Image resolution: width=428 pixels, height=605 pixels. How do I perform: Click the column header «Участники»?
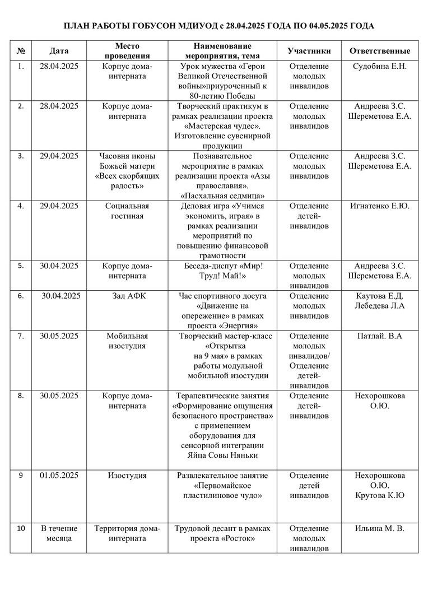point(309,51)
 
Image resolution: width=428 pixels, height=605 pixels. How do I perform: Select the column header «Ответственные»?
point(379,51)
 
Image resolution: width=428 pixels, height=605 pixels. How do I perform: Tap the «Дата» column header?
point(59,51)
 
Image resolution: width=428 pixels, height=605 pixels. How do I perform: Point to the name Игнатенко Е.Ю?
point(380,206)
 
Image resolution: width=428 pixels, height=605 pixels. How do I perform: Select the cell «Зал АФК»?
point(127,296)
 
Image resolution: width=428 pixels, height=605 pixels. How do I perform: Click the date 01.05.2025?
point(59,476)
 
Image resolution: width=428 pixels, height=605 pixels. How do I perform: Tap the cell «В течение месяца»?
point(59,533)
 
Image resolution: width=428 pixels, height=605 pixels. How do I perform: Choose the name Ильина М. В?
point(380,528)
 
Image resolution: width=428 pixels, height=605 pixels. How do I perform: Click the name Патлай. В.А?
point(380,336)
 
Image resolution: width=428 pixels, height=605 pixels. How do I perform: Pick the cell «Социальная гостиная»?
point(127,211)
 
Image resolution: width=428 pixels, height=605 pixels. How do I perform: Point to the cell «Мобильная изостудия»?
point(127,341)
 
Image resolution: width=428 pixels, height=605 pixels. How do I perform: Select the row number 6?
point(21,296)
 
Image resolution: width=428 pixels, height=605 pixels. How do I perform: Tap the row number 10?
point(21,528)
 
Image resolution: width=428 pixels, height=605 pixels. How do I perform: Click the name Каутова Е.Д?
point(380,296)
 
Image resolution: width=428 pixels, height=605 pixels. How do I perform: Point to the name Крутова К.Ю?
point(380,495)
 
